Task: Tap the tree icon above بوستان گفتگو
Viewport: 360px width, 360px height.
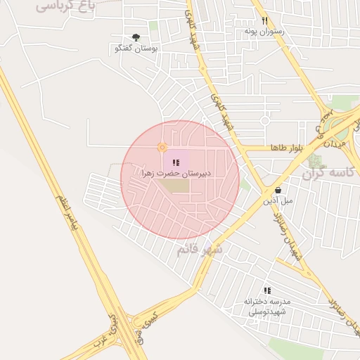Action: click(136, 38)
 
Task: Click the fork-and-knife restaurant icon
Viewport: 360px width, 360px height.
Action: click(265, 21)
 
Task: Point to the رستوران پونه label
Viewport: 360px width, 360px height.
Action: click(263, 32)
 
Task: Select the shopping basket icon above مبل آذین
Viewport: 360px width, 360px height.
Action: click(279, 190)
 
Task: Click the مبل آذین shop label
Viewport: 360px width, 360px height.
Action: click(278, 200)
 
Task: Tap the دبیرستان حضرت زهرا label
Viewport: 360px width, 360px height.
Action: click(176, 173)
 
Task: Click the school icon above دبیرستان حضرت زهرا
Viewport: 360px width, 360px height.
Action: click(176, 163)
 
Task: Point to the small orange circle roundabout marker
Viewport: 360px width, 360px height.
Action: click(162, 148)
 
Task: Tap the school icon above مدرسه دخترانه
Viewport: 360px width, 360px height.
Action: click(267, 290)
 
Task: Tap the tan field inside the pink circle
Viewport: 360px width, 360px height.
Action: click(178, 186)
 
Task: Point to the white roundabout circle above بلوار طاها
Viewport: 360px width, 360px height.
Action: click(266, 120)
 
